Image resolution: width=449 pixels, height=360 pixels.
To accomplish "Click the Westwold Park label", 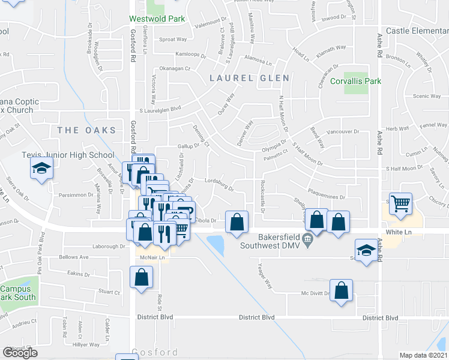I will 156,19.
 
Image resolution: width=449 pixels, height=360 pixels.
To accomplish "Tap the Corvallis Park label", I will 358,81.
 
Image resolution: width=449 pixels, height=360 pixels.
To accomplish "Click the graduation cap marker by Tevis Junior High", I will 41,169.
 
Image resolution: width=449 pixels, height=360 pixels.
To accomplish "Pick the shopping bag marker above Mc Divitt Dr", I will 341,289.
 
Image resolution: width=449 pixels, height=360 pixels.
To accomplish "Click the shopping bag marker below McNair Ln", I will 141,277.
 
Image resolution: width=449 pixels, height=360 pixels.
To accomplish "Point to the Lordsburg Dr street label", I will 218,186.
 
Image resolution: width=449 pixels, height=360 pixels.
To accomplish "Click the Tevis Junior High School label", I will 68,155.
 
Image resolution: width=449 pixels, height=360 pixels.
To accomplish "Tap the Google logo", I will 20,353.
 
